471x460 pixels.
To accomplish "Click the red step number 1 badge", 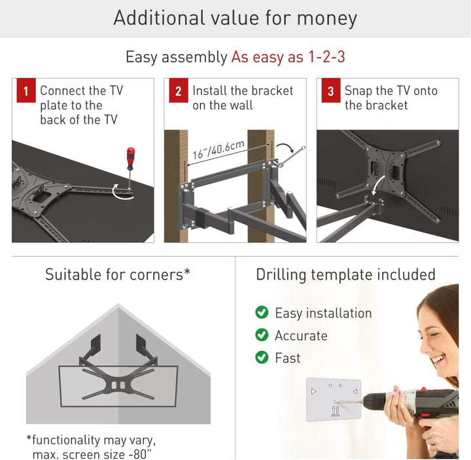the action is point(26,90).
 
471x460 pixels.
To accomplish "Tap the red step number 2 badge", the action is point(179,90).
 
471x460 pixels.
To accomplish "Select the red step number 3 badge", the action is point(331,90).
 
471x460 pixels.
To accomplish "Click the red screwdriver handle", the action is point(130,158).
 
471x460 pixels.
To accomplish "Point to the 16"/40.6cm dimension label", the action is point(218,149).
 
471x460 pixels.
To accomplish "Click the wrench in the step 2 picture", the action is point(292,156).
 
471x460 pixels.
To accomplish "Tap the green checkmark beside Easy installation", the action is point(262,312).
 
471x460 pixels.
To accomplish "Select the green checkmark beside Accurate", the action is point(262,335).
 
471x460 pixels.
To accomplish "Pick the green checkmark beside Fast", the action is point(262,357).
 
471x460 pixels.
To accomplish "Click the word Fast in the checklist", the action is point(287,358).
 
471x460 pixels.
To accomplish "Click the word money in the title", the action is point(327,18).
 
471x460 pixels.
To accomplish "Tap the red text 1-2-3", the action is point(326,56).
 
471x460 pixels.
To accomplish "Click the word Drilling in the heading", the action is point(281,275).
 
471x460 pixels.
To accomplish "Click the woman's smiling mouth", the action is point(438,359).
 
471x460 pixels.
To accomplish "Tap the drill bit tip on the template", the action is point(336,401).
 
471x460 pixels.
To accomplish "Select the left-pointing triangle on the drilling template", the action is point(355,391).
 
